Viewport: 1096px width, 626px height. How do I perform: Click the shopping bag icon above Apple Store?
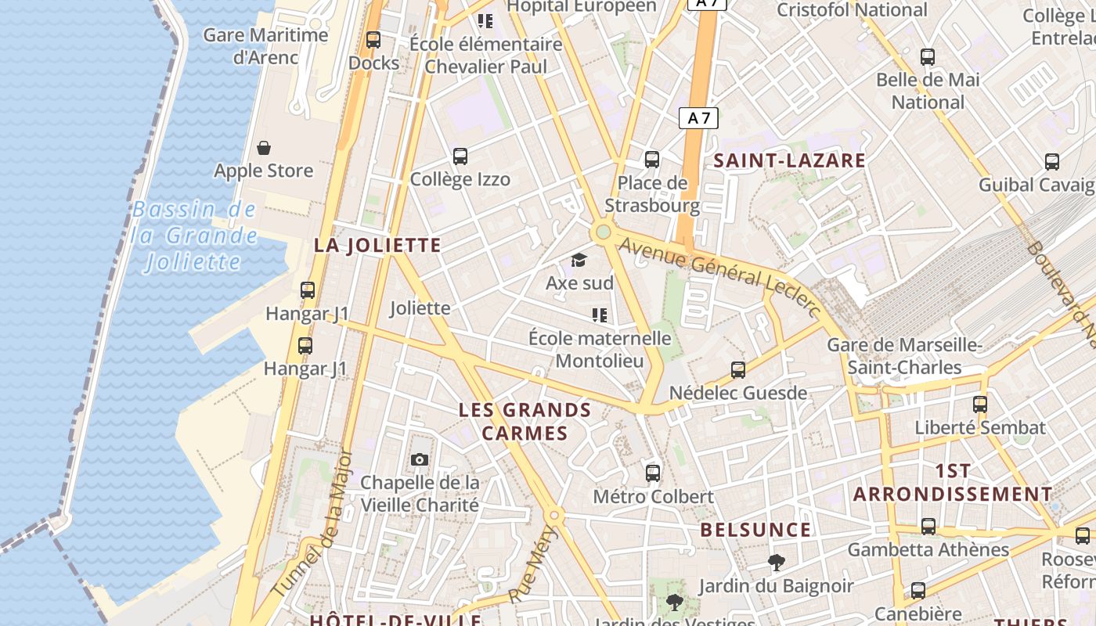pyautogui.click(x=264, y=148)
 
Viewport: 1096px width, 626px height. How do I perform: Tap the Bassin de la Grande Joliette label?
pyautogui.click(x=194, y=235)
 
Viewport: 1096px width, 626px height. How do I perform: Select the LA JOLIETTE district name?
pyautogui.click(x=377, y=245)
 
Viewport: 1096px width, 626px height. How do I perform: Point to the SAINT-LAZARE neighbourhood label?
pyautogui.click(x=790, y=160)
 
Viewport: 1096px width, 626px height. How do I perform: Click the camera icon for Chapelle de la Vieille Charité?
pyautogui.click(x=420, y=459)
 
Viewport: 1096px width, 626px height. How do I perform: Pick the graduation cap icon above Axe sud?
pyautogui.click(x=579, y=260)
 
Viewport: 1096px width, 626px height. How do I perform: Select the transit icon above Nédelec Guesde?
pyautogui.click(x=737, y=369)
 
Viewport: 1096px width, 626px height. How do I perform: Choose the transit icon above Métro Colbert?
pyautogui.click(x=653, y=473)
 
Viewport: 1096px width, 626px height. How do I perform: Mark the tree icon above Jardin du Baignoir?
pyautogui.click(x=776, y=562)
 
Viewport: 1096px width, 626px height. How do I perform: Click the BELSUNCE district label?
pyautogui.click(x=755, y=530)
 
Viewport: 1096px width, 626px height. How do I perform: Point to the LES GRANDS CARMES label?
pyautogui.click(x=525, y=421)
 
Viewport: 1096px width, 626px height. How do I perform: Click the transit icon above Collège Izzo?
pyautogui.click(x=460, y=156)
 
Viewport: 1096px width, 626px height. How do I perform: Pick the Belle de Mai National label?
pyautogui.click(x=928, y=91)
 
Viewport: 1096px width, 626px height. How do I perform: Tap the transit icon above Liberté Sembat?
pyautogui.click(x=980, y=405)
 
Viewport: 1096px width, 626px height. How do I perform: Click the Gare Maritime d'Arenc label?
pyautogui.click(x=265, y=46)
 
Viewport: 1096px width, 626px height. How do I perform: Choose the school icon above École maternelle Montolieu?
pyautogui.click(x=600, y=315)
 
